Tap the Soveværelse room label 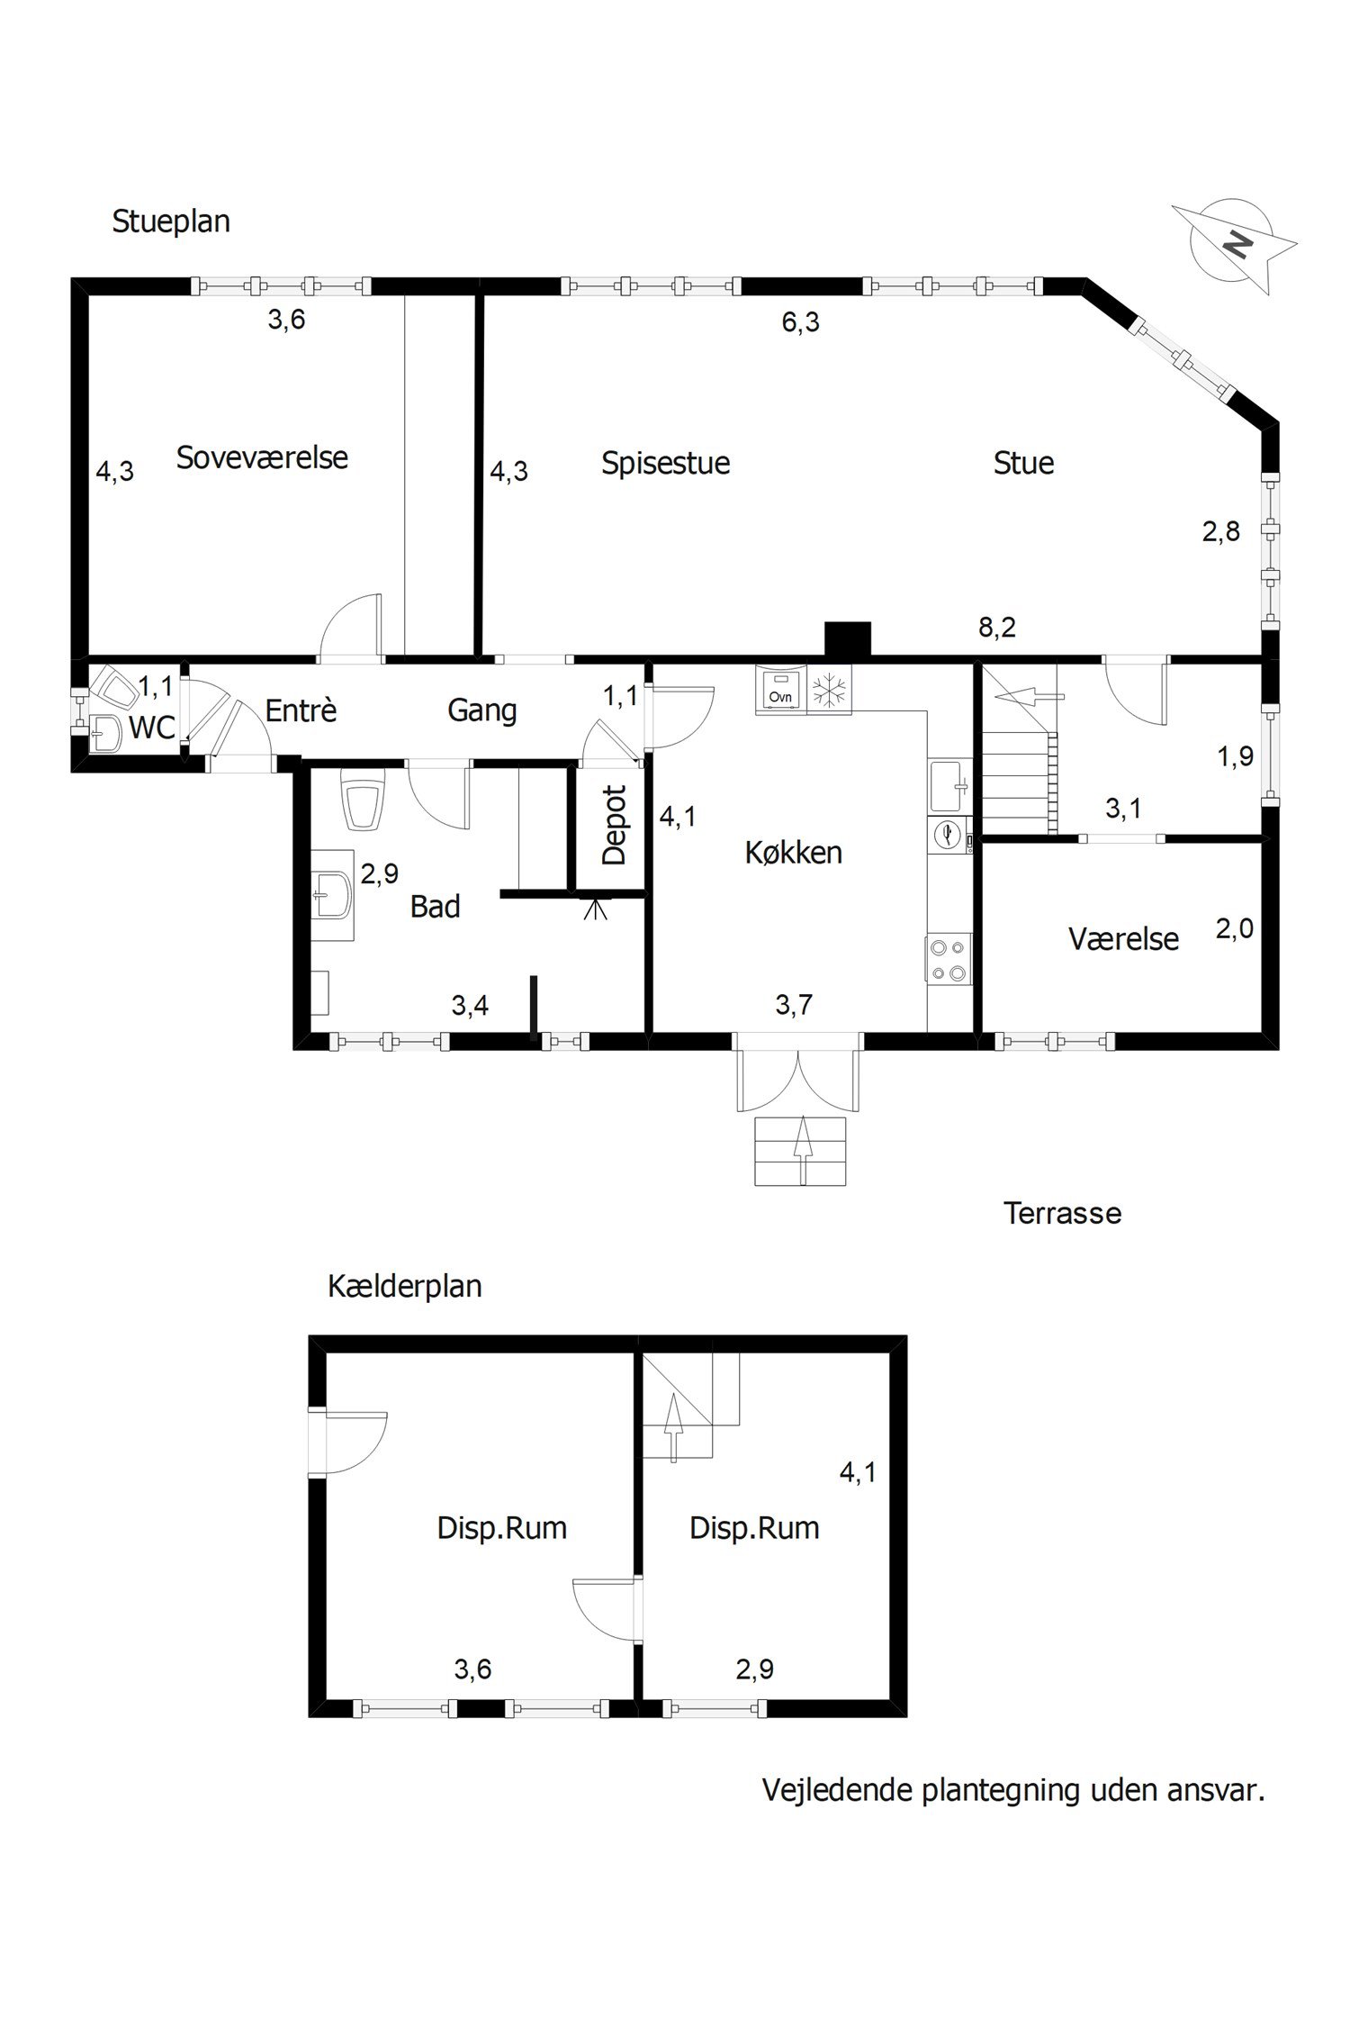coord(262,457)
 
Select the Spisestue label coord(665,464)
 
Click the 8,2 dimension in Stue coord(997,628)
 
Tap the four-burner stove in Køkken coord(949,960)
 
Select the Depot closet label coord(614,826)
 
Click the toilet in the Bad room coord(362,800)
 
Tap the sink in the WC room coord(105,733)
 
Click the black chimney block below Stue coord(848,639)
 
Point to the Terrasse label coord(1062,1214)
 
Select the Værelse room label coord(1123,939)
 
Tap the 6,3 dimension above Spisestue coord(800,322)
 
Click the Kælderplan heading coord(404,1287)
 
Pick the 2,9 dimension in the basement coord(754,1670)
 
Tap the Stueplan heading coord(170,222)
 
